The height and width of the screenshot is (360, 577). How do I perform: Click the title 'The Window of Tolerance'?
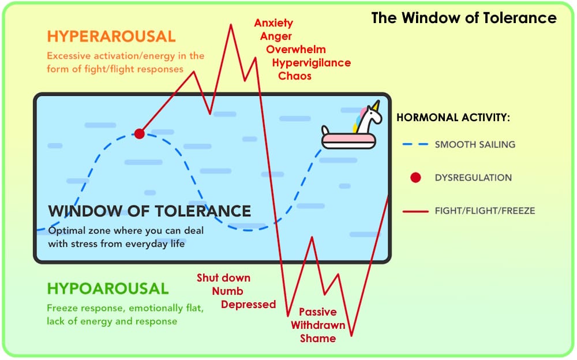tap(464, 18)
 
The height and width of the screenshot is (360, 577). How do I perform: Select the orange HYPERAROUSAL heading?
tap(111, 36)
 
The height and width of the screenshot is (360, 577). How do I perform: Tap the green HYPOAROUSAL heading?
tap(108, 288)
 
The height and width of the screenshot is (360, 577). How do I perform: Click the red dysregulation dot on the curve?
tap(139, 134)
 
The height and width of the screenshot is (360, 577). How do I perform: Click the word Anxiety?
tap(273, 24)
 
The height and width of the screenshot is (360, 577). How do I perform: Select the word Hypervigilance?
tap(311, 63)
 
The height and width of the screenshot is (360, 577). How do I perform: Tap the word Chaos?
tap(294, 76)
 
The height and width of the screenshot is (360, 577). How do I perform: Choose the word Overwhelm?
tap(296, 50)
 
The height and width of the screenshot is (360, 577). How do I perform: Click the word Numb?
tap(227, 291)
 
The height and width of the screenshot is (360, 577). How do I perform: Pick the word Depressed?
tap(248, 305)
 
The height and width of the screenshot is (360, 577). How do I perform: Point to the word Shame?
tap(317, 339)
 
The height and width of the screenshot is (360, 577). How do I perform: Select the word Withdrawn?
tap(318, 325)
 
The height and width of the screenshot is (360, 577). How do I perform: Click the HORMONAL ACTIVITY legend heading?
tap(454, 118)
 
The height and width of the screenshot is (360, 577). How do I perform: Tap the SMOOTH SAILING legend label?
tap(475, 144)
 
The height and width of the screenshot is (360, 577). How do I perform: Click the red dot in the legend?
tap(415, 178)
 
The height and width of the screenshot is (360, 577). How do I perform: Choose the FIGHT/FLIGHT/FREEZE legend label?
tap(485, 211)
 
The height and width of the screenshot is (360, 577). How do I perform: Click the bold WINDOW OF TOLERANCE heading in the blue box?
tap(149, 211)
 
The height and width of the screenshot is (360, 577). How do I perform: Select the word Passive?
tap(317, 312)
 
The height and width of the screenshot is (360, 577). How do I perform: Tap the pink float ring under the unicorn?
tap(346, 140)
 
